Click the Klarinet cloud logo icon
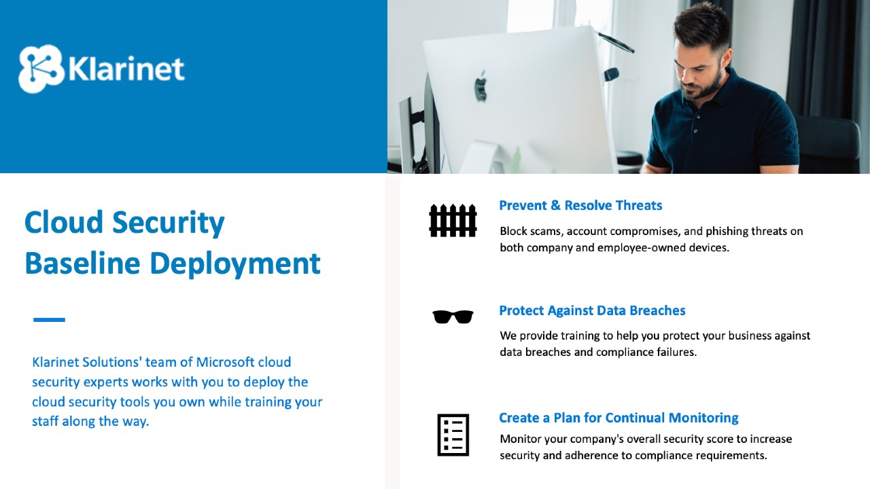click(41, 69)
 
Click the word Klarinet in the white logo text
click(126, 69)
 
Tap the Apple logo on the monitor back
click(481, 86)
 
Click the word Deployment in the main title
click(235, 265)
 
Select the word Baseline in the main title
click(82, 263)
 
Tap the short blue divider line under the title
click(50, 320)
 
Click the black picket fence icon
click(453, 221)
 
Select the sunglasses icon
click(453, 316)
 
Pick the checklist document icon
click(453, 435)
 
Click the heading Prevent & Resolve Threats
click(580, 205)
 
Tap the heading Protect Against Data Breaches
click(592, 310)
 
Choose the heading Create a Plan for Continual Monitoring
click(619, 418)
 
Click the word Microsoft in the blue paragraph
click(225, 362)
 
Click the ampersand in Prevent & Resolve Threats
click(556, 205)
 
